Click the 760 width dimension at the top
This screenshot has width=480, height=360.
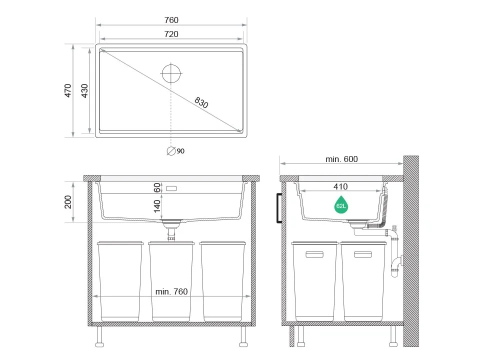click(x=171, y=20)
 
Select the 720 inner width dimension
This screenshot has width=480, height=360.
click(x=171, y=34)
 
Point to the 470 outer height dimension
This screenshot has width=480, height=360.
click(x=67, y=90)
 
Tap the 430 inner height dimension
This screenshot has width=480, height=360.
click(x=84, y=90)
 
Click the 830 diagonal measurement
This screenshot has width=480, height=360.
click(x=201, y=102)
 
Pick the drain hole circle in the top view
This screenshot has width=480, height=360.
click(x=171, y=73)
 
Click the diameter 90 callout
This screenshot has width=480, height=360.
click(x=175, y=151)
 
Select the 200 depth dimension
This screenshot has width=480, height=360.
click(x=67, y=202)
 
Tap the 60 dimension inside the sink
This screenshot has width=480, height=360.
click(x=157, y=187)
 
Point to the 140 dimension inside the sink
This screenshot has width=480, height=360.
click(x=157, y=206)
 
